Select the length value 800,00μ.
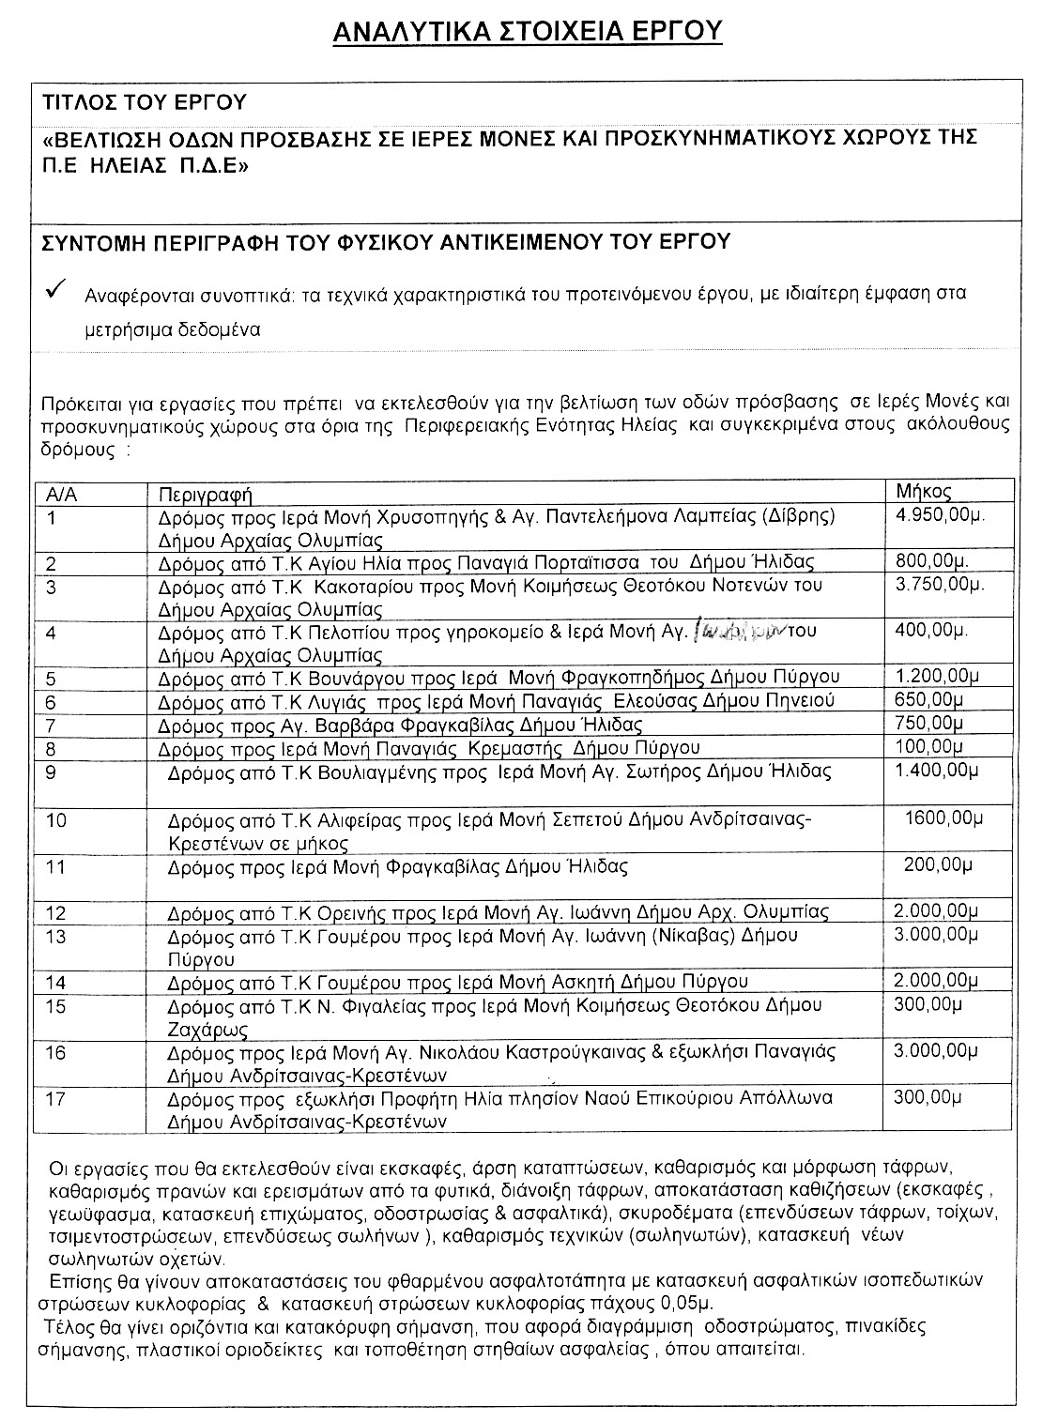(x=932, y=561)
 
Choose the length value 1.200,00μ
(x=932, y=676)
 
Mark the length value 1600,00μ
(x=943, y=817)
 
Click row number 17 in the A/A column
(x=56, y=1098)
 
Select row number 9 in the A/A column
(x=52, y=772)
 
